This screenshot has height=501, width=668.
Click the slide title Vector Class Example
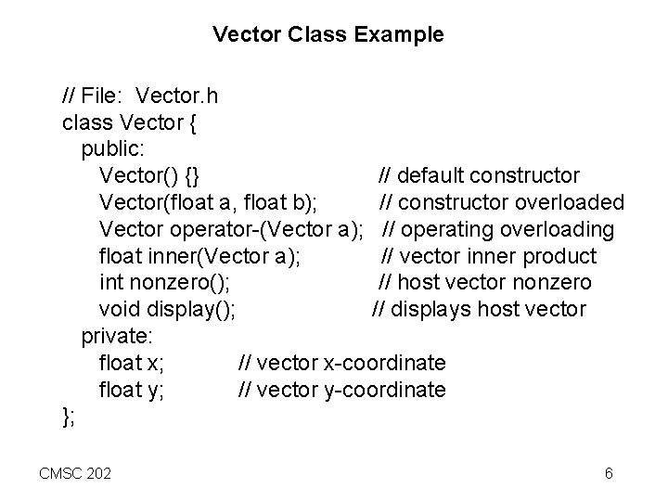328,36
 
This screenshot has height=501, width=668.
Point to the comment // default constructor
479,175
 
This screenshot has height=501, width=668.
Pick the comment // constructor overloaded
501,202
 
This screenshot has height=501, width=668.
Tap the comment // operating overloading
498,229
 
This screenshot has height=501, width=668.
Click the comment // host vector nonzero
484,283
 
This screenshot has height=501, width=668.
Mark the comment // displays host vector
479,310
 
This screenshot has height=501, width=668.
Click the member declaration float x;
132,364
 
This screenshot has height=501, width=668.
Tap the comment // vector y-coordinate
341,391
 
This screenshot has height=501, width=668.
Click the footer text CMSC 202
74,474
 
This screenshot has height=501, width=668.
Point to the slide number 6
608,474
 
